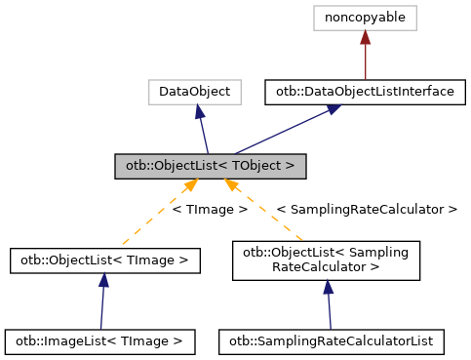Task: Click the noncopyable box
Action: point(365,17)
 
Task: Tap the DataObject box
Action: point(195,93)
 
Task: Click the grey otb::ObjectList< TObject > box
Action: point(210,165)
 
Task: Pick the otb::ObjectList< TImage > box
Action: point(104,260)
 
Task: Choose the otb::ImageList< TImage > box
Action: point(99,341)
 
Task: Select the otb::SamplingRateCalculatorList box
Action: point(332,341)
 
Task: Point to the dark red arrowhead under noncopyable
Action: point(365,36)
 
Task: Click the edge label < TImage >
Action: point(209,209)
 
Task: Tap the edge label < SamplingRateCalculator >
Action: point(366,209)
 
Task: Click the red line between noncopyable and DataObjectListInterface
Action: point(365,60)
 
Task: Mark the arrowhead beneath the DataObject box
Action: point(199,112)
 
